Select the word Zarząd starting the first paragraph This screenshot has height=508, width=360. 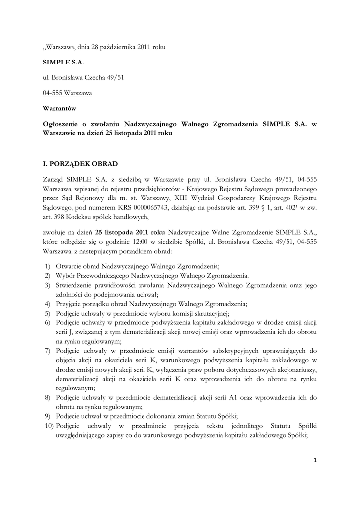point(55,178)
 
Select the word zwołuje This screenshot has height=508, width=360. point(55,231)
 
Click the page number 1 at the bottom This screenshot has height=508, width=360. point(315,460)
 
